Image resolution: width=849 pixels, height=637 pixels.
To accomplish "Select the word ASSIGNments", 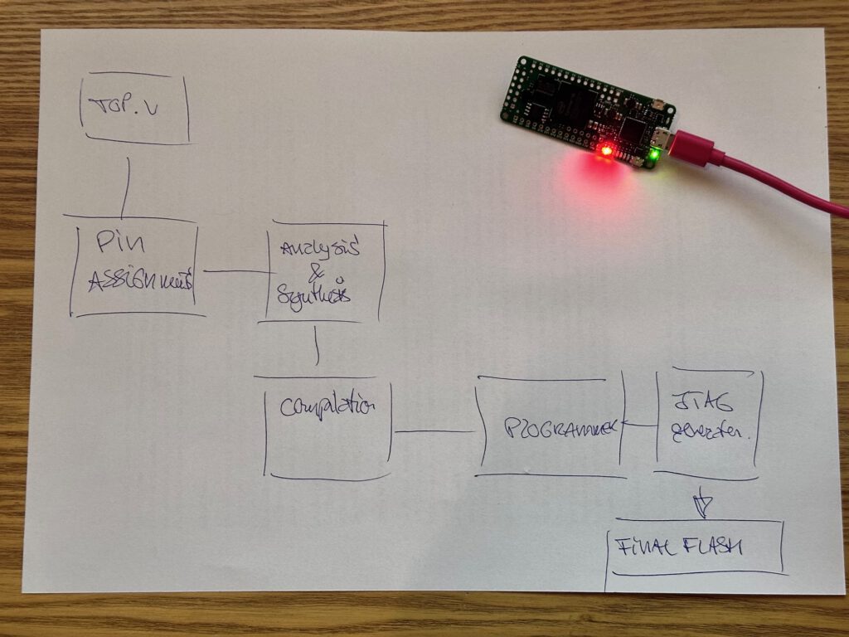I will (x=139, y=280).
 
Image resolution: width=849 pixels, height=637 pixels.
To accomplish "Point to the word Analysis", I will (x=320, y=249).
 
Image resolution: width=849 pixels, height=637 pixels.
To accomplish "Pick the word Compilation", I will (x=327, y=407).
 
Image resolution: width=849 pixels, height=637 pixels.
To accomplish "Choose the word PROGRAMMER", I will (x=560, y=429).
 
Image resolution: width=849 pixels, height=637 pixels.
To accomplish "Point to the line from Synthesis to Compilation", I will (x=317, y=345).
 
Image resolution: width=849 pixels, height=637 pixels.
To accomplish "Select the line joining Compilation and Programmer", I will (x=434, y=431).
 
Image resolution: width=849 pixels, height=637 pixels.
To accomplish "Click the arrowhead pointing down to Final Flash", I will (x=701, y=504).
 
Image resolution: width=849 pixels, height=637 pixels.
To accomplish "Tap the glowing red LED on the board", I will (x=606, y=151).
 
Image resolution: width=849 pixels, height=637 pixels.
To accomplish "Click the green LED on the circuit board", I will (x=655, y=153).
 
